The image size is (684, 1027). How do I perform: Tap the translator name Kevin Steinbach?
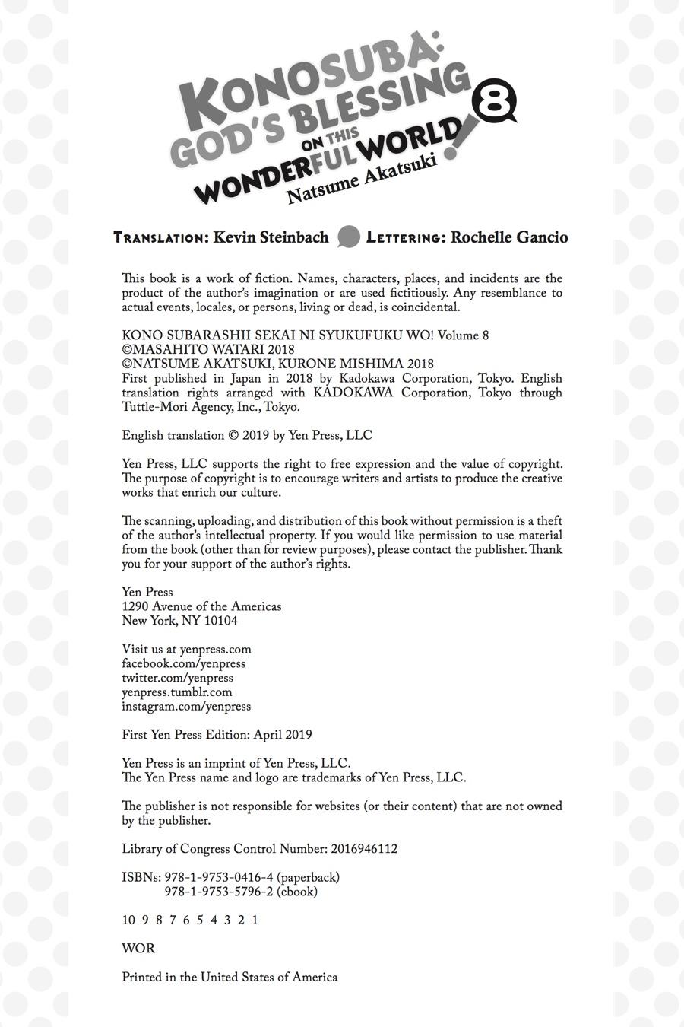pyautogui.click(x=271, y=237)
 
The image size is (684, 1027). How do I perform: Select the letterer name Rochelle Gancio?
pyautogui.click(x=509, y=237)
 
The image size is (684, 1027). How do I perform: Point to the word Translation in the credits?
pyautogui.click(x=160, y=238)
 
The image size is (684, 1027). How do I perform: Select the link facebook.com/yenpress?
pyautogui.click(x=183, y=663)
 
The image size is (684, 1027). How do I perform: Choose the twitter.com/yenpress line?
pyautogui.click(x=177, y=678)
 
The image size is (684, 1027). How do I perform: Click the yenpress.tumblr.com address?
pyautogui.click(x=176, y=692)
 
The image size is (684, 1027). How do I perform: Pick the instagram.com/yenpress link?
pyautogui.click(x=186, y=707)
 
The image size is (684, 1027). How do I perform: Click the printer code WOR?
pyautogui.click(x=138, y=949)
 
